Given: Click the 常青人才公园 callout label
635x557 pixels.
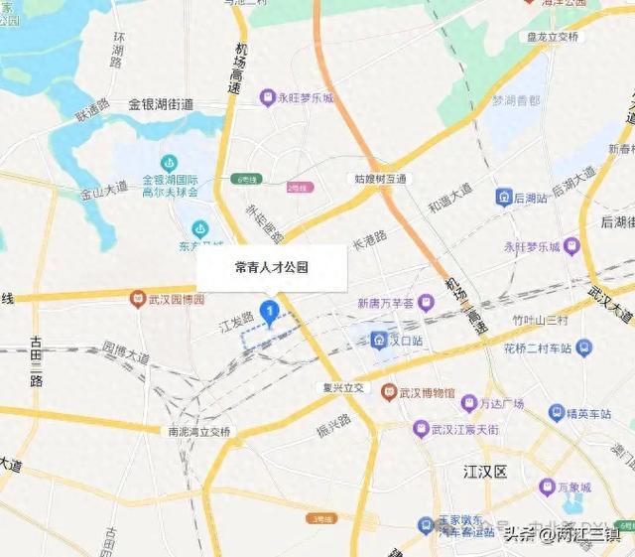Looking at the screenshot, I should tap(272, 267).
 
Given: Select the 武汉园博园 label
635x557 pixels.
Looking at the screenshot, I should tap(176, 300).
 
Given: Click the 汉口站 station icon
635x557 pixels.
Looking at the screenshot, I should tap(379, 341).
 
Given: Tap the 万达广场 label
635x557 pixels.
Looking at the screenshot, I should tap(498, 403).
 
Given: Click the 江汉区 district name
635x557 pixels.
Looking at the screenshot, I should tap(486, 470).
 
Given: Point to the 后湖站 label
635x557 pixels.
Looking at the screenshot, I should tap(530, 198).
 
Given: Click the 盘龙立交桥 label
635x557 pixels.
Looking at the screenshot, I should tap(546, 37).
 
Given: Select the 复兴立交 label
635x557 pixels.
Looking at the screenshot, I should tap(342, 387).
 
